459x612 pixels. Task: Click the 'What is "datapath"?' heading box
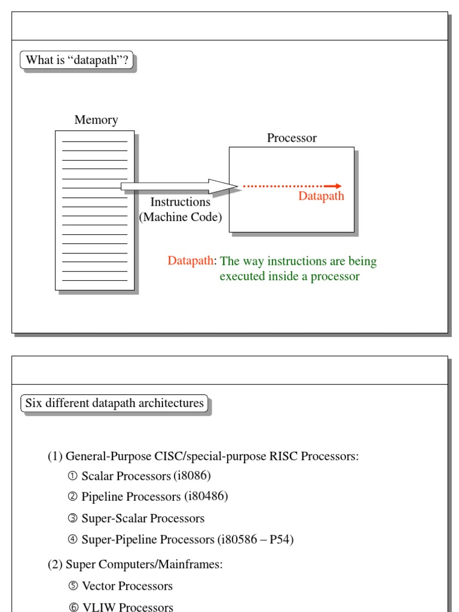[77, 60]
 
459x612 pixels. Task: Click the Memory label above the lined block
[96, 120]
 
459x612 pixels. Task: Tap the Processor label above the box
[292, 138]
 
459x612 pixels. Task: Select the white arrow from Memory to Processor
[179, 186]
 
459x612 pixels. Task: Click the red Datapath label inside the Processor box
[321, 197]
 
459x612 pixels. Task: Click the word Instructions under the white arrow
[180, 202]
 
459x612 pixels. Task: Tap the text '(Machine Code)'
[180, 218]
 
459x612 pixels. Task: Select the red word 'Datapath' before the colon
[190, 261]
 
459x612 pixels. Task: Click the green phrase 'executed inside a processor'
[289, 277]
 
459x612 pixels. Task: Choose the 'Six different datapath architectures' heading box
[114, 403]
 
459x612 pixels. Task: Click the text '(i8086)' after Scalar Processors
[192, 476]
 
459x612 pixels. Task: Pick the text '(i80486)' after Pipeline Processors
[206, 497]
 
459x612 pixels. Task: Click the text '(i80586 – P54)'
[255, 540]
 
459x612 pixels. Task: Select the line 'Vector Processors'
[127, 586]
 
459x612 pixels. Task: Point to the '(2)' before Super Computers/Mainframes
[55, 565]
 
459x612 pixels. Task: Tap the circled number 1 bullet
[73, 476]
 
